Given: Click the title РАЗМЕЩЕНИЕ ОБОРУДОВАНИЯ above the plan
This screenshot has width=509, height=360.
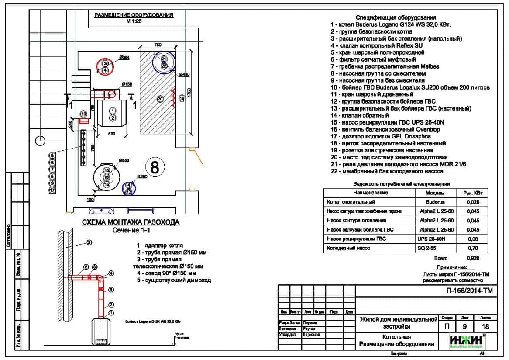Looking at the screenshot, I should click(x=134, y=15).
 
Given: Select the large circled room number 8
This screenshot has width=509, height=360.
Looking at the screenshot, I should click(x=155, y=166).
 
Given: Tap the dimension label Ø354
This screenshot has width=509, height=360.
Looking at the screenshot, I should click(x=124, y=58).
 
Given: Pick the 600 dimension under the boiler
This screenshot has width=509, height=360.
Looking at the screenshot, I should click(x=111, y=134).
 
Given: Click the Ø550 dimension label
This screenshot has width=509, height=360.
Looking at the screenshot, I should click(x=124, y=161).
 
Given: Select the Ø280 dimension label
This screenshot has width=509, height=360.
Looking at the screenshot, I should click(x=142, y=177).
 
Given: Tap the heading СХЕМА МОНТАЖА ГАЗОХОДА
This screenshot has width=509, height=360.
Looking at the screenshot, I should click(x=131, y=222).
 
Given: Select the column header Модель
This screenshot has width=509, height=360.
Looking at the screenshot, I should click(x=435, y=193).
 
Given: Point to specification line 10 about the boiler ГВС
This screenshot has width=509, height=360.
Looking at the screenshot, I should click(x=410, y=87).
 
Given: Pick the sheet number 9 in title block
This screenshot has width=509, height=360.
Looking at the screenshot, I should click(x=464, y=326).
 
